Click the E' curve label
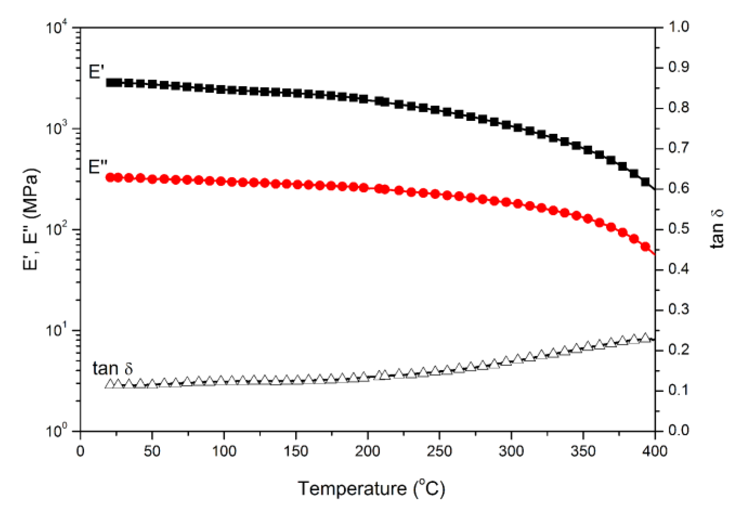click(x=96, y=72)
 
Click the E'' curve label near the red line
click(x=98, y=167)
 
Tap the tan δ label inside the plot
click(x=113, y=368)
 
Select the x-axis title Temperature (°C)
click(x=371, y=489)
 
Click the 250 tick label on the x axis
click(x=439, y=451)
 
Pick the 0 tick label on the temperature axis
click(x=80, y=451)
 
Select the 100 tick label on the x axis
click(x=224, y=451)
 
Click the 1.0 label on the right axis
click(x=678, y=27)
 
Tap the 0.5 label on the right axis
click(x=678, y=229)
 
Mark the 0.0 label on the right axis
click(x=678, y=430)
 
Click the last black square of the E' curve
click(x=645, y=182)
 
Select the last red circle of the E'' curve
click(x=645, y=247)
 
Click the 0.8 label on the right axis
click(x=678, y=108)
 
